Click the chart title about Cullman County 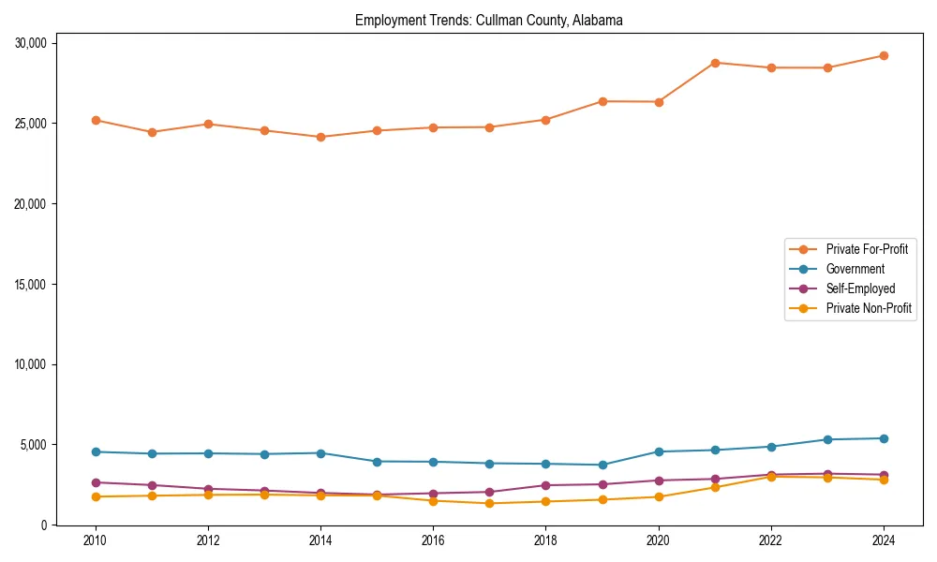(488, 20)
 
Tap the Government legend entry (855, 269)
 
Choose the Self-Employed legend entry (860, 288)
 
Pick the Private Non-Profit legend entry (869, 308)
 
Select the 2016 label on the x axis (433, 540)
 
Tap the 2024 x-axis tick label (884, 540)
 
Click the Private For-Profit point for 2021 (715, 63)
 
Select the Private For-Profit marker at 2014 (320, 137)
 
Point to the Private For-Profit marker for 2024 (884, 55)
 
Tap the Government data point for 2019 (602, 465)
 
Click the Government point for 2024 (884, 438)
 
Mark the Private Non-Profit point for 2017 (489, 503)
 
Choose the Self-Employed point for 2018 (545, 485)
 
